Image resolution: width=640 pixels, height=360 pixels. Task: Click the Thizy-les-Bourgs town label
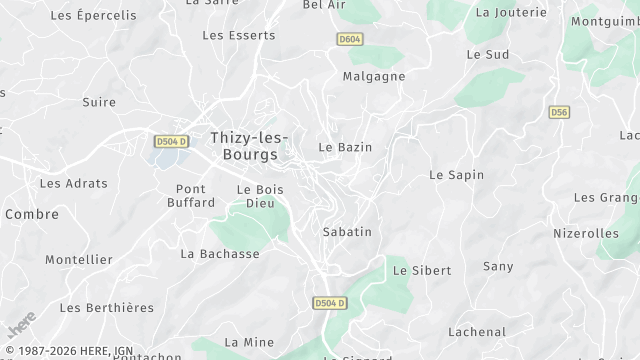pyautogui.click(x=250, y=146)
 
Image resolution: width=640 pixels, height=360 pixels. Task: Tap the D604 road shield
pyautogui.click(x=349, y=37)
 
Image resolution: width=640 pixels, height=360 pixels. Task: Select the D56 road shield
pyautogui.click(x=559, y=113)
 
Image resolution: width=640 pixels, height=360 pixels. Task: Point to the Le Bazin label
pyautogui.click(x=345, y=147)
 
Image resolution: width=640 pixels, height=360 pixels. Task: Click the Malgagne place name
pyautogui.click(x=374, y=76)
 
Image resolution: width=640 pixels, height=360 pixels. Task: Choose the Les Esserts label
pyautogui.click(x=238, y=35)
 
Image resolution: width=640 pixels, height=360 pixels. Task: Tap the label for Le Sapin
pyautogui.click(x=456, y=175)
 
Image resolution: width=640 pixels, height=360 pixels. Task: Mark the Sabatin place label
pyautogui.click(x=347, y=232)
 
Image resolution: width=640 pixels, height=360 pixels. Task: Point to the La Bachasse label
pyautogui.click(x=220, y=254)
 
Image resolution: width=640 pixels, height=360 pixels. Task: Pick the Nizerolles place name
pyautogui.click(x=586, y=233)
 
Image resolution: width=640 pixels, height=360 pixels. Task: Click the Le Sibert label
pyautogui.click(x=422, y=271)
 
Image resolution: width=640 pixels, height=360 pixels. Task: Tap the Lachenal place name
pyautogui.click(x=477, y=332)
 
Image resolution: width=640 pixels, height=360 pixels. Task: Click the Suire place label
pyautogui.click(x=99, y=102)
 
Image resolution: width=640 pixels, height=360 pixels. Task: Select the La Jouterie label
pyautogui.click(x=511, y=13)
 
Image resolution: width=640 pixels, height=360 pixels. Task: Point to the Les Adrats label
pyautogui.click(x=65, y=184)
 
